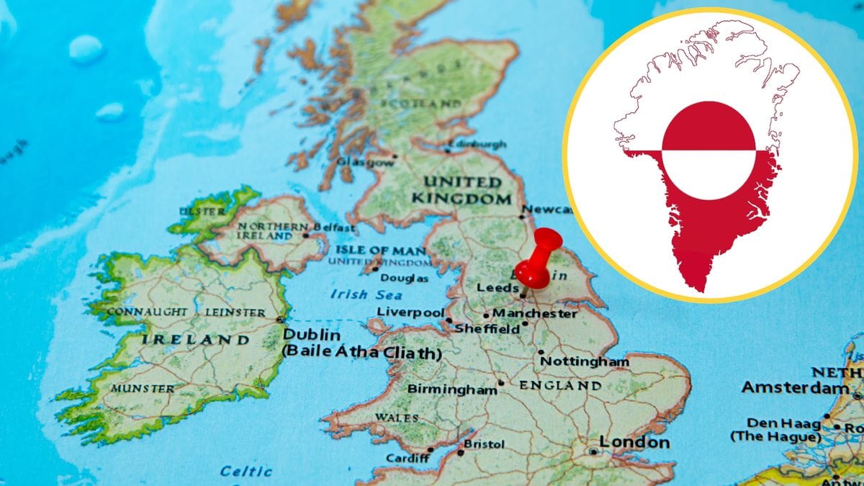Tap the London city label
tap(634, 442)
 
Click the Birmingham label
tap(452, 389)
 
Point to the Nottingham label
tap(584, 361)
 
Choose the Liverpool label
tap(410, 312)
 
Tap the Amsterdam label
tap(795, 388)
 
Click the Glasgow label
tap(365, 162)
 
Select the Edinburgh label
tap(478, 145)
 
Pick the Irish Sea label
tap(359, 294)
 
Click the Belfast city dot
tap(306, 235)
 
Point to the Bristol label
tap(483, 444)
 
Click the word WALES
tap(396, 418)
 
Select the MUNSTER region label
tap(142, 388)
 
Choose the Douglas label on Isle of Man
tap(404, 278)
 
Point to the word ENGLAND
tap(560, 386)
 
